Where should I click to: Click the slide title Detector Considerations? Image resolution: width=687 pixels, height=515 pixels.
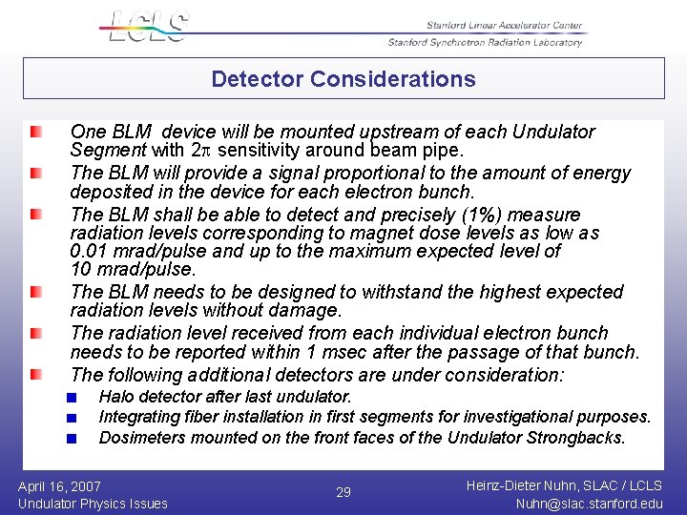(343, 79)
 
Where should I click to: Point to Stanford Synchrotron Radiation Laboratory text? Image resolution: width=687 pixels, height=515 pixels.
(484, 42)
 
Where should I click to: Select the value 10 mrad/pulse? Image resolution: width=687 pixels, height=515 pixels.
(126, 270)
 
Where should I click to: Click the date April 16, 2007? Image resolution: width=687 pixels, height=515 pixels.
(59, 486)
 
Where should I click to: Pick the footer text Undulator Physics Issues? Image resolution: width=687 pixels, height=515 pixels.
(93, 504)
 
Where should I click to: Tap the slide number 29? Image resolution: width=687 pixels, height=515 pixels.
(343, 492)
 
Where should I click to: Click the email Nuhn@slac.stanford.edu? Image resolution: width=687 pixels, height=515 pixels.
(589, 504)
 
